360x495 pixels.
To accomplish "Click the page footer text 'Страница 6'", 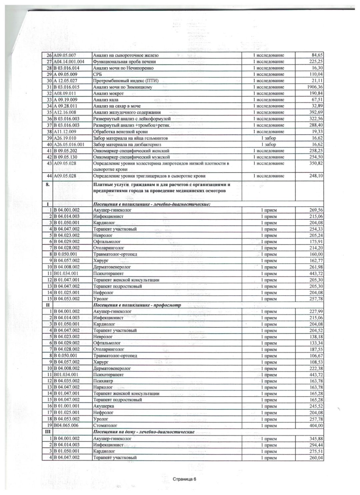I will point(185,479).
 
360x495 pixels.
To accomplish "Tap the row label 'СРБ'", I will point(97,74).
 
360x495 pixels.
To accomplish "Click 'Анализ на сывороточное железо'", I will point(126,55).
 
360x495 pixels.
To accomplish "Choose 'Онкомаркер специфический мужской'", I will point(131,157).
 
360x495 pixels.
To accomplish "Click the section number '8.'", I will point(47,184).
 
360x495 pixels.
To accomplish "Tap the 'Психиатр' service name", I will point(103,381).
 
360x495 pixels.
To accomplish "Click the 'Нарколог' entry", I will point(103,387).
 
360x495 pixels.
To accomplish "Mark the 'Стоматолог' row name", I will point(105,425).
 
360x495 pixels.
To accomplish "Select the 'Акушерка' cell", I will point(104,406).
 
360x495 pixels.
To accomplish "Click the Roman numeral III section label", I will point(47,432).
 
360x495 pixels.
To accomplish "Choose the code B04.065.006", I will point(67,425).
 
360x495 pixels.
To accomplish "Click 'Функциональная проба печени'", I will point(124,62).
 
